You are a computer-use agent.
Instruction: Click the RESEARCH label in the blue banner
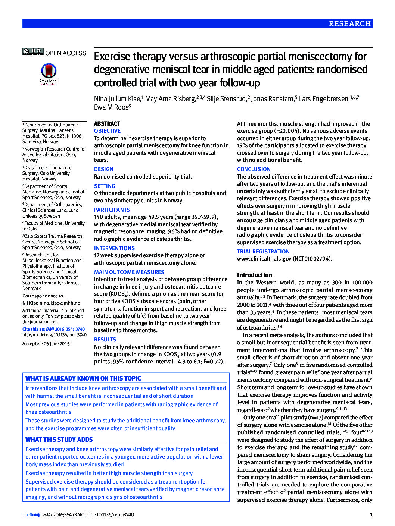[x=349, y=23]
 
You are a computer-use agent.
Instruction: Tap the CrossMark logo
[x=49, y=73]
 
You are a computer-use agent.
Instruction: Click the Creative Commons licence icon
[x=33, y=51]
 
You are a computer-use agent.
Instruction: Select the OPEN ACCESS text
[x=66, y=53]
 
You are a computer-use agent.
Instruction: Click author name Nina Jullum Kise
[x=117, y=98]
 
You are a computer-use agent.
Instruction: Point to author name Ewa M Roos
[x=111, y=107]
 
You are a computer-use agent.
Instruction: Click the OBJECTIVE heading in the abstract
[x=107, y=131]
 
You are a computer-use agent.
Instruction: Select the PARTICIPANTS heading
[x=112, y=210]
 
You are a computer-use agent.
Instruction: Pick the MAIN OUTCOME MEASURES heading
[x=129, y=272]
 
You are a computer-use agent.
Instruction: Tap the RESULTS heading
[x=105, y=340]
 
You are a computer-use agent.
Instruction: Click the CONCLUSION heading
[x=254, y=169]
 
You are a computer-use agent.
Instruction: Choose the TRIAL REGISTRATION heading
[x=263, y=252]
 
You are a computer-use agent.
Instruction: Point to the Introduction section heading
[x=254, y=275]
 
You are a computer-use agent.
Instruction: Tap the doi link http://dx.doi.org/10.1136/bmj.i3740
[x=54, y=335]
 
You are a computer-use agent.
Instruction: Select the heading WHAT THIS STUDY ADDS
[x=59, y=440]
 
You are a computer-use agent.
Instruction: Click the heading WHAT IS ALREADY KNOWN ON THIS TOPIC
[x=83, y=378]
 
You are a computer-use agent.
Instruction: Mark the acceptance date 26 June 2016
[x=57, y=344]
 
